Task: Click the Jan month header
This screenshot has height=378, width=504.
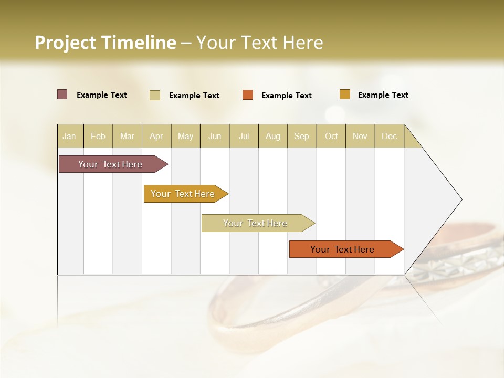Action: tap(69, 136)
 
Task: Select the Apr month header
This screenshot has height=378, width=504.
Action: tap(156, 136)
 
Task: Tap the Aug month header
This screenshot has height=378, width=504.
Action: tap(272, 136)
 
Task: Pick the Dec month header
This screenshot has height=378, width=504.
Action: tap(389, 136)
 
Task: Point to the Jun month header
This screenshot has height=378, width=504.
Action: tap(215, 136)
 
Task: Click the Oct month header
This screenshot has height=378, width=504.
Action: tap(331, 136)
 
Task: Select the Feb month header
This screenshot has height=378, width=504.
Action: tap(98, 136)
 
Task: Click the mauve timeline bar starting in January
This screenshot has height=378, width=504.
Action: tap(111, 164)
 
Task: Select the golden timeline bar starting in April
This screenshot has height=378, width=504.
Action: tap(183, 194)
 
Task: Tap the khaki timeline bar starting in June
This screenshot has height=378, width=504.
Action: tap(256, 223)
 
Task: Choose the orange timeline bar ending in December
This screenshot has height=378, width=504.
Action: tap(343, 249)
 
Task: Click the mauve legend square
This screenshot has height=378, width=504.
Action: tap(62, 94)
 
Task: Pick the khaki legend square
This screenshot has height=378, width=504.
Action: tap(155, 95)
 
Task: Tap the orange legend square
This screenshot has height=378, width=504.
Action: tap(248, 95)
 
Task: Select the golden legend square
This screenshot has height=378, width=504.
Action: tap(344, 94)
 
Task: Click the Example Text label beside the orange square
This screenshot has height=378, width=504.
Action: tap(286, 96)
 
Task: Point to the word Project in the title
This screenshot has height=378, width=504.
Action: tap(65, 43)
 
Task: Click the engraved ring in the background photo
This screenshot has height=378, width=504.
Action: tap(451, 262)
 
